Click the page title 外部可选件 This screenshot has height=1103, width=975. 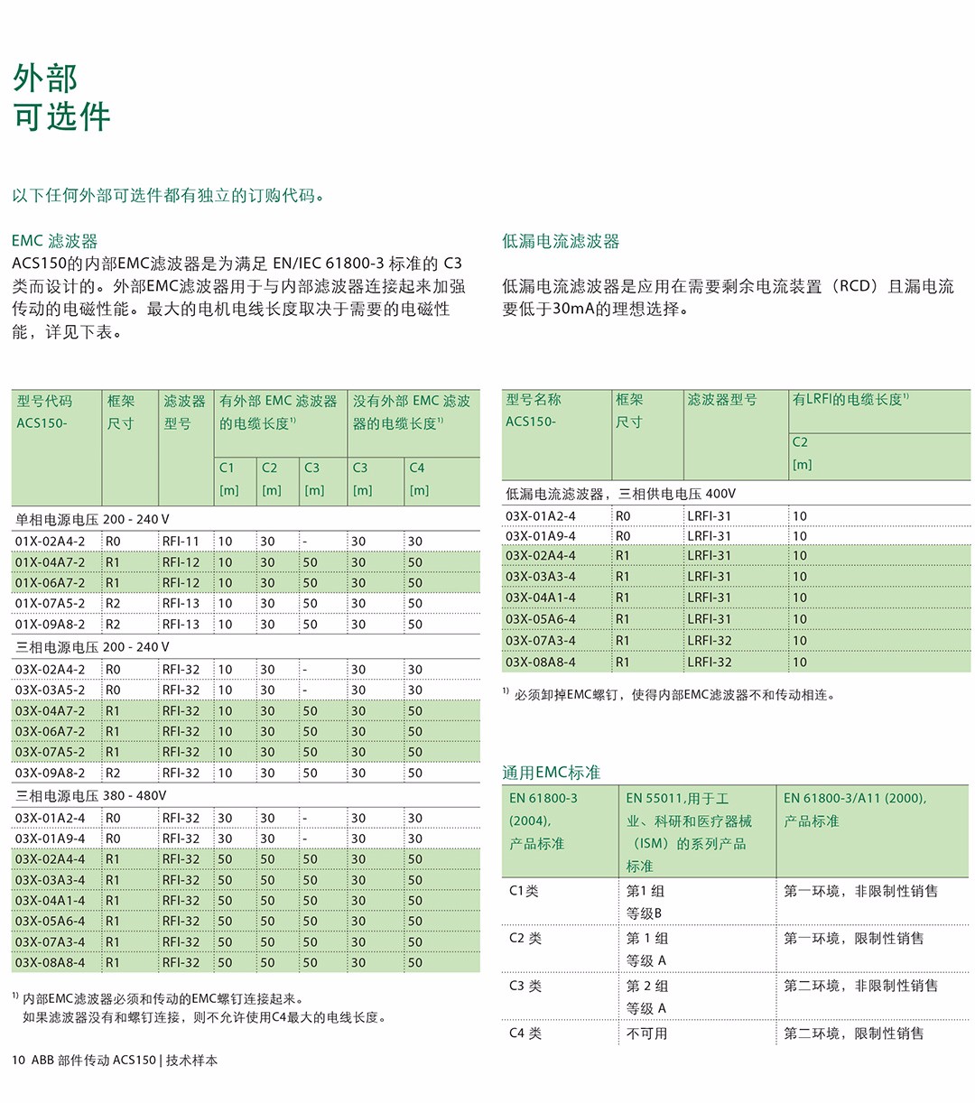click(61, 97)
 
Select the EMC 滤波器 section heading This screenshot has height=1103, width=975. click(54, 241)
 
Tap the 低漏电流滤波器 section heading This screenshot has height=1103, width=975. click(561, 241)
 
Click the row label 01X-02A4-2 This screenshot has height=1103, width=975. click(50, 542)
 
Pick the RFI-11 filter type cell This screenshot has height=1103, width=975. click(181, 542)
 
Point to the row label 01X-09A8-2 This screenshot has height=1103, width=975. click(50, 625)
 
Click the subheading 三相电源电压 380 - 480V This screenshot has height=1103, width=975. click(90, 796)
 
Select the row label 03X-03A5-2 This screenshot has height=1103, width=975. click(50, 691)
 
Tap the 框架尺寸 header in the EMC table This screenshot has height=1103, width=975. click(121, 412)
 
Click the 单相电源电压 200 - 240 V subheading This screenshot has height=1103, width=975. click(92, 520)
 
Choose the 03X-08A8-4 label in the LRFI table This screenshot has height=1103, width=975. click(540, 662)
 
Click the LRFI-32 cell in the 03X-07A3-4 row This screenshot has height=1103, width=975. click(710, 641)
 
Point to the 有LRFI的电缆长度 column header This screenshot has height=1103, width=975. click(850, 399)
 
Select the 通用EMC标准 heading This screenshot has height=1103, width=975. click(551, 773)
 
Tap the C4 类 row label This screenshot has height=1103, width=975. click(525, 1033)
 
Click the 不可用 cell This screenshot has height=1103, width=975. click(646, 1033)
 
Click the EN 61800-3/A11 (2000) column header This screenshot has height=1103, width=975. click(854, 798)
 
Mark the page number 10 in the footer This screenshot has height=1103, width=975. click(18, 1061)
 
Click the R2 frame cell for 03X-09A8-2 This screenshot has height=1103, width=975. click(113, 774)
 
